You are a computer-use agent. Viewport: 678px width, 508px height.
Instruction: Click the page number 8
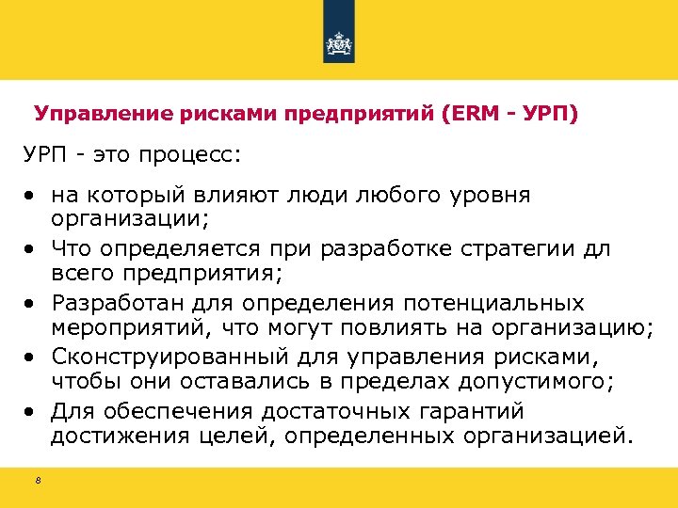point(38,482)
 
